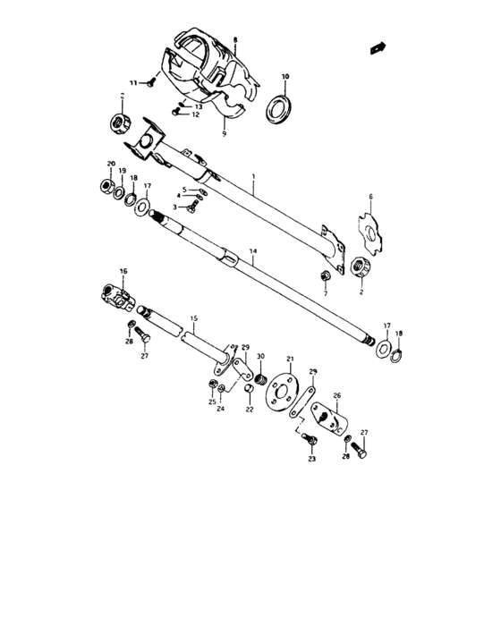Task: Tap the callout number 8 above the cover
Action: pyautogui.click(x=235, y=40)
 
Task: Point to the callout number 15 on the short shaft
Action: pyautogui.click(x=193, y=317)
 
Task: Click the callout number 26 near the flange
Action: pyautogui.click(x=336, y=395)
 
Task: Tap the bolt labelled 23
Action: pyautogui.click(x=309, y=440)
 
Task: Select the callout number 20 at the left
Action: pyautogui.click(x=111, y=163)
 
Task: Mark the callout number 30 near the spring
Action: pyautogui.click(x=259, y=357)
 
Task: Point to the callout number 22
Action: pyautogui.click(x=250, y=410)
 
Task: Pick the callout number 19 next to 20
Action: pyautogui.click(x=123, y=169)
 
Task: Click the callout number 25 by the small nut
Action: pyautogui.click(x=213, y=402)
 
